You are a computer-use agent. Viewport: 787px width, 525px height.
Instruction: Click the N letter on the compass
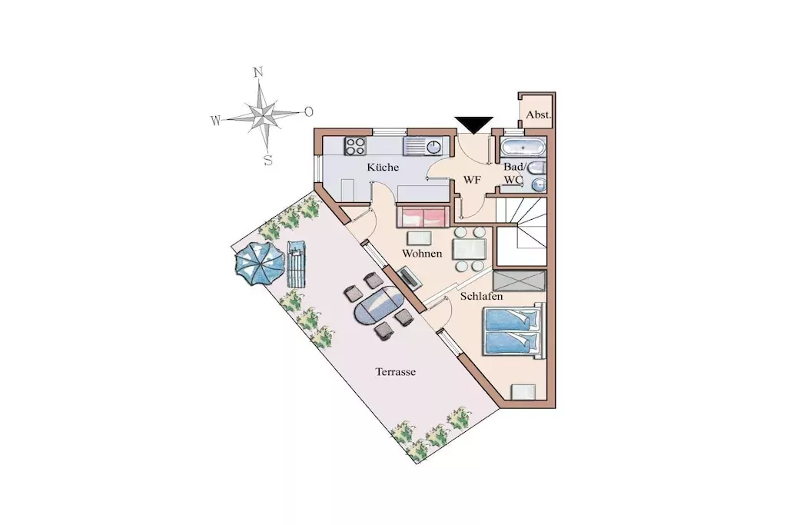coord(258,71)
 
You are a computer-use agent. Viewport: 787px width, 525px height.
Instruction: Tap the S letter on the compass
coord(268,161)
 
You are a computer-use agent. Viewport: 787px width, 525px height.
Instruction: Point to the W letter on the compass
coord(215,121)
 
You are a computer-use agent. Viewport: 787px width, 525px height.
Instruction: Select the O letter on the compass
coord(309,111)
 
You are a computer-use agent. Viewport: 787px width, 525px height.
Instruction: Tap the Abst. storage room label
coord(538,115)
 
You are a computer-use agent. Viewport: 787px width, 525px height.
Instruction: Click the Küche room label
coord(383,167)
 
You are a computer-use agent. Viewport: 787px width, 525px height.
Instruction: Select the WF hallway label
coord(472,180)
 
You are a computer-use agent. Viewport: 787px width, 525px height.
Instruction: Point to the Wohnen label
coord(422,254)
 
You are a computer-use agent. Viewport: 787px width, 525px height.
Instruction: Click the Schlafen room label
coord(481,296)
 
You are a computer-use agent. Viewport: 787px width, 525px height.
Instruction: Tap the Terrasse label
coord(396,372)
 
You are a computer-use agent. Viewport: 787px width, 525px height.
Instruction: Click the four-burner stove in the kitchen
coord(355,146)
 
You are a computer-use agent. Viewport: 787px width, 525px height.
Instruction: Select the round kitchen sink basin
coord(433,147)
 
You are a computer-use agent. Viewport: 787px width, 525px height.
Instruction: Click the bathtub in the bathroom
coord(522,148)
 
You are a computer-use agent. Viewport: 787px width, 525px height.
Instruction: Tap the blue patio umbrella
coord(259,264)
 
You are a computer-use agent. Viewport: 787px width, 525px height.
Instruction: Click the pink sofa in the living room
coord(423,216)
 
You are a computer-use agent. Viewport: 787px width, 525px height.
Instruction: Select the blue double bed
coord(513,331)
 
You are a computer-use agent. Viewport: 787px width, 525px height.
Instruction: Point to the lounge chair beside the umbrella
coord(296,264)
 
